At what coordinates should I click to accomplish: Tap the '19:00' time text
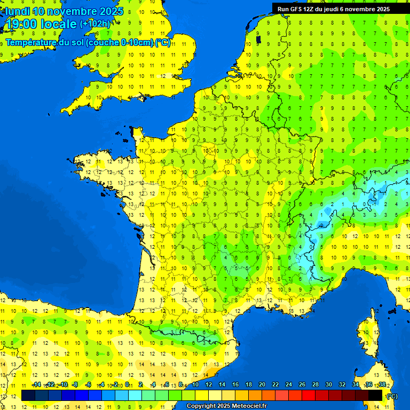point(22,24)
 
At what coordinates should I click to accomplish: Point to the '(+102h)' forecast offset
point(95,24)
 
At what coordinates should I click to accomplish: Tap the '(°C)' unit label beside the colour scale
point(391,396)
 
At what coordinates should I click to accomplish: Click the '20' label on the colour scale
point(262,385)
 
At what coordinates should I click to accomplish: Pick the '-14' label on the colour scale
point(37,385)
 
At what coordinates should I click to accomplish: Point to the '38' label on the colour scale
point(382,385)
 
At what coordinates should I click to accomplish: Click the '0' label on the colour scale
point(127,385)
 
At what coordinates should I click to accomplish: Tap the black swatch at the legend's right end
point(375,395)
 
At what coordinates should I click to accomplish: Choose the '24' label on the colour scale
point(289,385)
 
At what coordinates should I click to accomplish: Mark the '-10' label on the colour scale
point(63,385)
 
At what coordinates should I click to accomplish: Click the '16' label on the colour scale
point(235,385)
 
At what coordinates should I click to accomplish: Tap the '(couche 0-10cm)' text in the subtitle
point(119,43)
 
